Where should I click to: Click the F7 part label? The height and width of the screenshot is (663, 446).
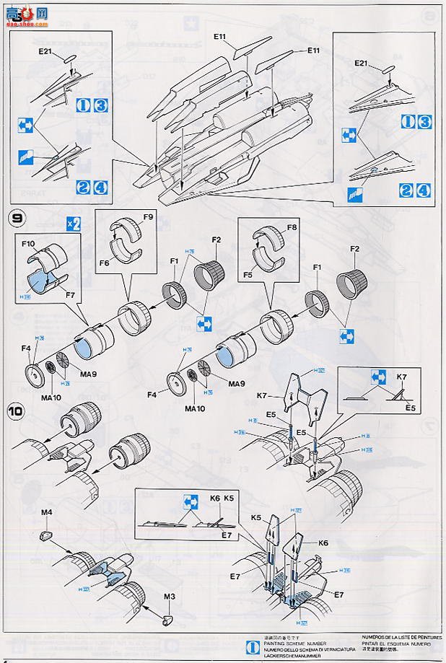pyautogui.click(x=71, y=296)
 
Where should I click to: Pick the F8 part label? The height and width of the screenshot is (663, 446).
pyautogui.click(x=292, y=227)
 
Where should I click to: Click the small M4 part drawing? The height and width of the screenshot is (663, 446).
pyautogui.click(x=45, y=535)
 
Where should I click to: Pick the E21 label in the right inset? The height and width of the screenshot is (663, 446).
pyautogui.click(x=363, y=64)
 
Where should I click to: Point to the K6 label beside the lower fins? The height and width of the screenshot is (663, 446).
pyautogui.click(x=322, y=543)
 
